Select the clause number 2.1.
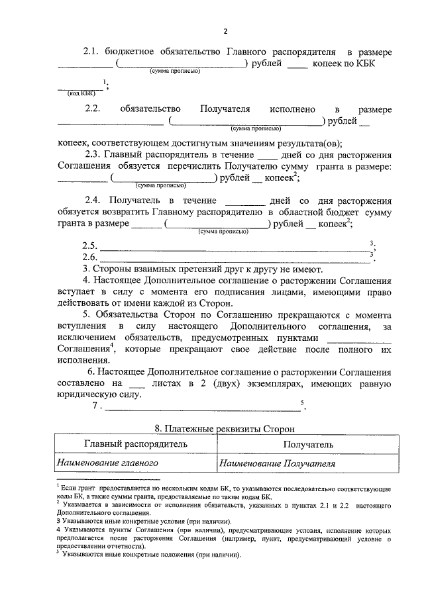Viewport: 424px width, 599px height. coord(92,52)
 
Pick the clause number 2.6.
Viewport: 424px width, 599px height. coord(89,257)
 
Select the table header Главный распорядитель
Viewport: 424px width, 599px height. coord(136,445)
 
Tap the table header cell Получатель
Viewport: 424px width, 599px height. coord(308,445)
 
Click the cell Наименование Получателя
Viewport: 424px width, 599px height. coord(278,463)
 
